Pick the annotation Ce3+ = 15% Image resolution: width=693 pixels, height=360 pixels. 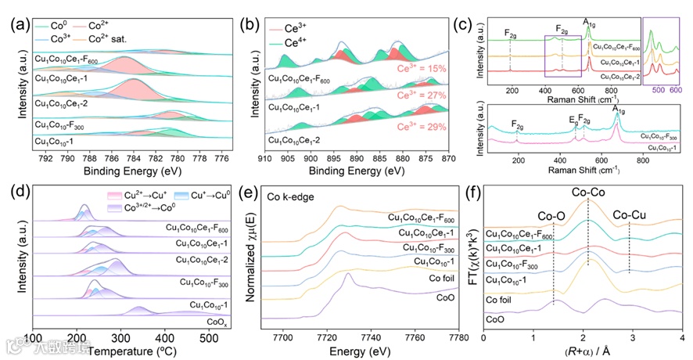426,69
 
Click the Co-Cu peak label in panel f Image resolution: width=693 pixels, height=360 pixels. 629,214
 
